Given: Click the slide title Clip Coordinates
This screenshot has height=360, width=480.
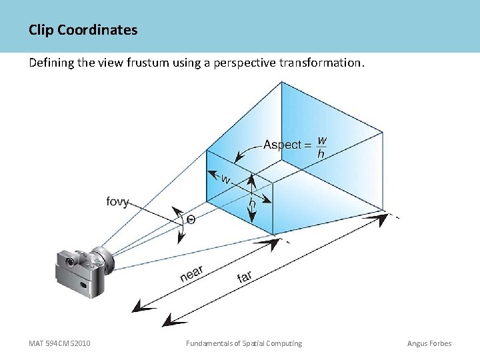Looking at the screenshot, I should pyautogui.click(x=83, y=30).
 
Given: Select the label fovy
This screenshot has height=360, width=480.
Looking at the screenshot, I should pyautogui.click(x=118, y=201).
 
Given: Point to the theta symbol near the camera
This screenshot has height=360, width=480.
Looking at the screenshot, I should pyautogui.click(x=191, y=219).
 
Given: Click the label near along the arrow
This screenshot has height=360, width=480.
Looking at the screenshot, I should pyautogui.click(x=191, y=273).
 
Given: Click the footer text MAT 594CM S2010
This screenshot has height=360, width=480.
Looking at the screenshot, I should pyautogui.click(x=60, y=343).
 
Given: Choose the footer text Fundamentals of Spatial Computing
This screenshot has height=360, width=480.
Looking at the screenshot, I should pyautogui.click(x=244, y=343).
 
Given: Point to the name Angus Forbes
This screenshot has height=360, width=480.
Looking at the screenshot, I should pyautogui.click(x=429, y=343).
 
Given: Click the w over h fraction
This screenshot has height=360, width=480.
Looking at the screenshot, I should pyautogui.click(x=322, y=147).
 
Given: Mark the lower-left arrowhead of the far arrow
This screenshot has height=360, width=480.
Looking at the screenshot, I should pyautogui.click(x=171, y=321).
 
